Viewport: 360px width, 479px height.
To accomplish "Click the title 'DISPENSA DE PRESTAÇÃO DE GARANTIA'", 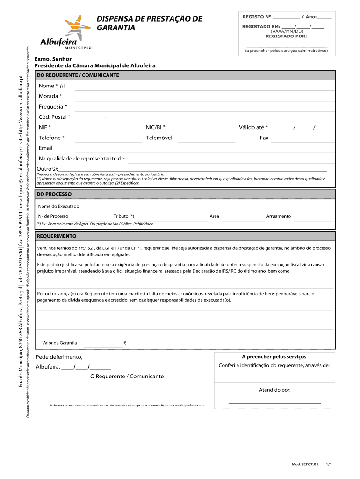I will [149, 23].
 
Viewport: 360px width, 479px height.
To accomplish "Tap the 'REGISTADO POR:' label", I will [286, 36].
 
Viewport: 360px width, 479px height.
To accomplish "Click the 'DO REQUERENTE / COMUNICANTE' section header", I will [78, 75].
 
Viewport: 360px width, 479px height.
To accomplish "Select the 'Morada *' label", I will [50, 96].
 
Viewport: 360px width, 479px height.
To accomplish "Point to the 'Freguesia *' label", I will [52, 107].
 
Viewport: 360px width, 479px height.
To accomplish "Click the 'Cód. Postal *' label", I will [55, 117].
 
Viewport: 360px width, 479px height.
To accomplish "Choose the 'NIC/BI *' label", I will [155, 127].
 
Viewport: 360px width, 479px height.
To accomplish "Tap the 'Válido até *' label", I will [253, 127].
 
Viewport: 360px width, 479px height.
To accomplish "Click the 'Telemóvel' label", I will [159, 138].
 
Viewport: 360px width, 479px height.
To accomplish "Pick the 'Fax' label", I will [264, 138].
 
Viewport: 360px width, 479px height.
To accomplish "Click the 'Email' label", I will [45, 148].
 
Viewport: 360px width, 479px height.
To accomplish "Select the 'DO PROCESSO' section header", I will [54, 194].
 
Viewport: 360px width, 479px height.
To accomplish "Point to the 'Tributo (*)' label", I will [123, 216].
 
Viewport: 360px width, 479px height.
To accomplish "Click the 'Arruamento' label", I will [278, 216].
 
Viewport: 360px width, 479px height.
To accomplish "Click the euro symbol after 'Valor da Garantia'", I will [125, 343].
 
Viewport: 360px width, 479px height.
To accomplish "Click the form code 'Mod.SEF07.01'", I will [305, 464].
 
